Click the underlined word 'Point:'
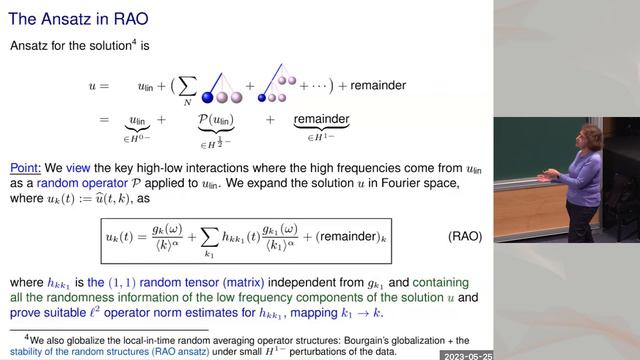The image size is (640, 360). (27, 168)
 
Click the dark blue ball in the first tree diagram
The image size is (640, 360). (209, 97)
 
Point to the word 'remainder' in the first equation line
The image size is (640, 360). (376, 86)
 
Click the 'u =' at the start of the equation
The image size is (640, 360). (97, 87)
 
